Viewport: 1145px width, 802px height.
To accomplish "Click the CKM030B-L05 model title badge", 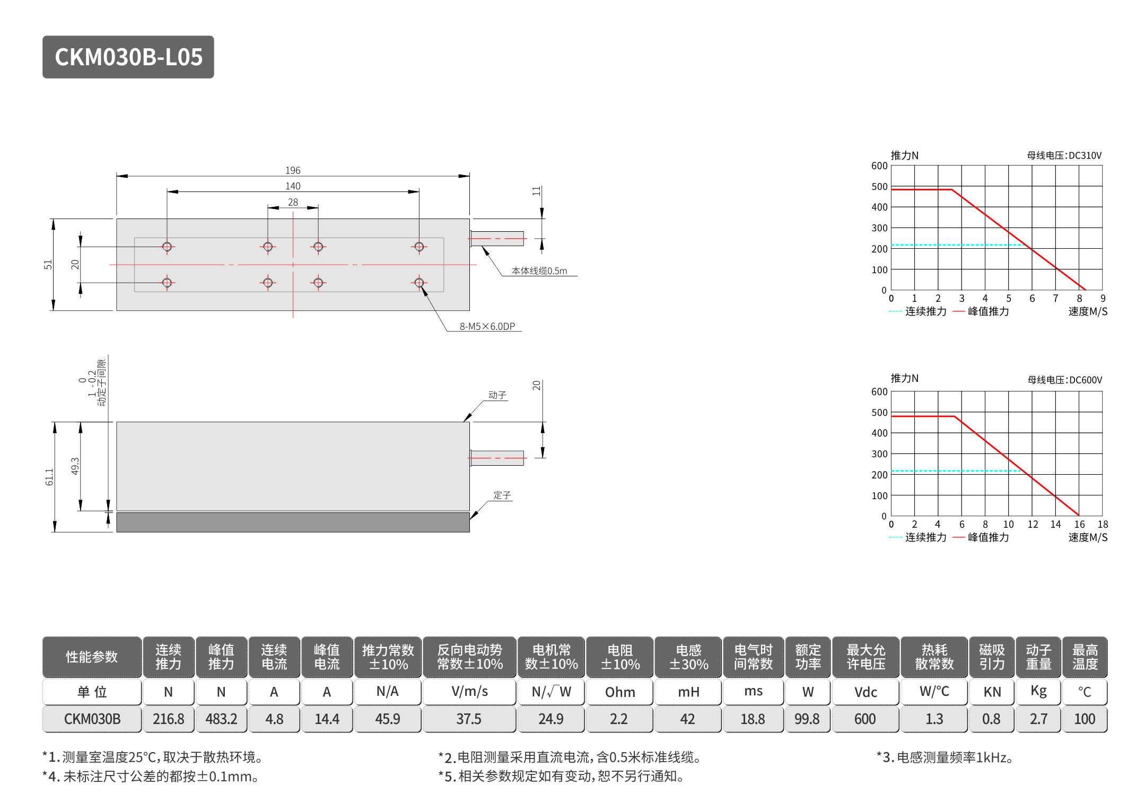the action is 128,57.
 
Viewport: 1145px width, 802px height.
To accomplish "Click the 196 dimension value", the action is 293,170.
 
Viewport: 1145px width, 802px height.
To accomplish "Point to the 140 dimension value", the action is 293,186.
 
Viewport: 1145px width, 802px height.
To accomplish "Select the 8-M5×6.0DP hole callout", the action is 487,326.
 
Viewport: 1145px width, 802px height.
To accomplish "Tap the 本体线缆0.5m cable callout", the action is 539,271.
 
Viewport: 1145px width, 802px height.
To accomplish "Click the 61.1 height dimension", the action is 49,477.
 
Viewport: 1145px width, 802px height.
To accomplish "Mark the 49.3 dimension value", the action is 75,466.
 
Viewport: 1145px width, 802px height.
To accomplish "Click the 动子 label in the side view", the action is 497,395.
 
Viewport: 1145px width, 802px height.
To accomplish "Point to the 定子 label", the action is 502,495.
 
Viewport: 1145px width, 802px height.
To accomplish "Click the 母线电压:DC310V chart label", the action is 1064,155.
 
